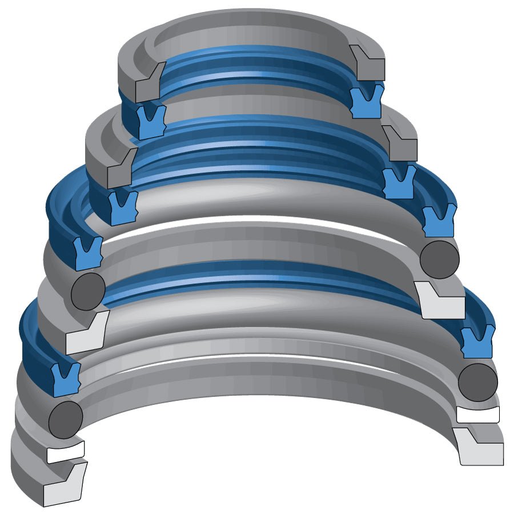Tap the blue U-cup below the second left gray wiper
click(122, 207)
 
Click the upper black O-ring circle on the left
click(88, 291)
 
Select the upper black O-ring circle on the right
click(439, 259)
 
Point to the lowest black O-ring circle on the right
click(478, 382)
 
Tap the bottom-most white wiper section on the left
click(64, 487)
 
